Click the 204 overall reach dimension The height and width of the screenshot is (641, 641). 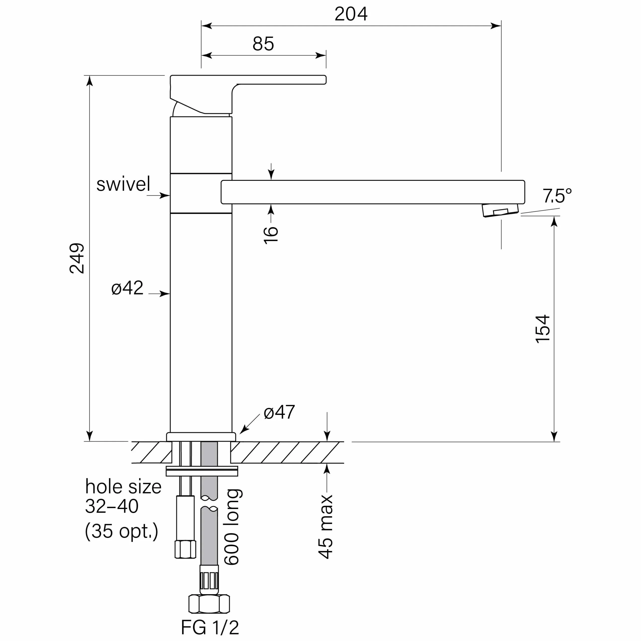(x=351, y=14)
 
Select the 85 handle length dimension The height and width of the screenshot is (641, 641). (x=263, y=44)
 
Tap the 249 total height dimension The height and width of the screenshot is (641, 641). (x=77, y=258)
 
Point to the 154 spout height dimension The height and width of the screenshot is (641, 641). (x=543, y=329)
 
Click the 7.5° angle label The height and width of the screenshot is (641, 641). (x=557, y=196)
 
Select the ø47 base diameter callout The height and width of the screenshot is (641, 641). (x=279, y=412)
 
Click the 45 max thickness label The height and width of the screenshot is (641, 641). (x=326, y=527)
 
